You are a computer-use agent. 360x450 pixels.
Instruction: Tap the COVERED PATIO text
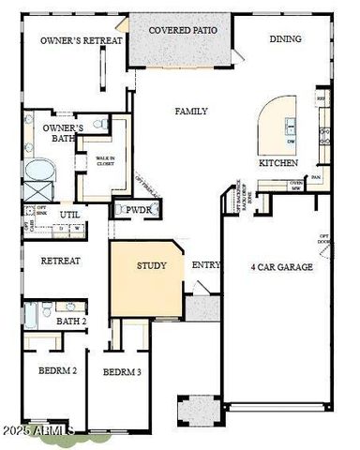(x=185, y=30)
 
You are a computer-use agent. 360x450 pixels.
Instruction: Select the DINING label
(x=286, y=39)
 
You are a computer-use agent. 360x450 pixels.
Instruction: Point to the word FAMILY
(x=191, y=111)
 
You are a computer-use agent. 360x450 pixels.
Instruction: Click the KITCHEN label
(x=278, y=162)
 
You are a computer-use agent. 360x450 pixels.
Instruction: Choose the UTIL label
(x=70, y=215)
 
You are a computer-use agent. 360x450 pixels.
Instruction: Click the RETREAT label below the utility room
(x=61, y=261)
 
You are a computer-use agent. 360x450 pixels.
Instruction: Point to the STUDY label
(x=152, y=265)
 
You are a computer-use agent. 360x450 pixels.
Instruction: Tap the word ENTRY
(x=206, y=265)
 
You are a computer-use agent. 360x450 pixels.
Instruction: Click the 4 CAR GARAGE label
(x=282, y=267)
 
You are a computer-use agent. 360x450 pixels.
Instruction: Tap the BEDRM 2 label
(x=57, y=371)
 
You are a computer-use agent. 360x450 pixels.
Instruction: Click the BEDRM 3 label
(x=122, y=372)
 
